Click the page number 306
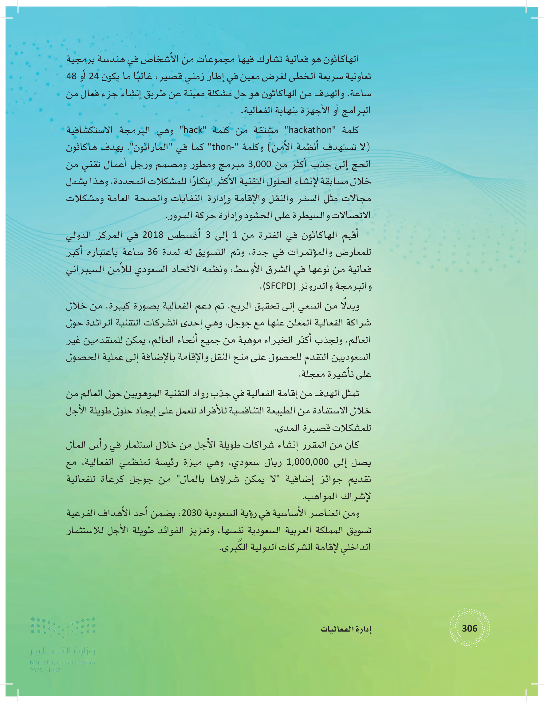[x=469, y=628]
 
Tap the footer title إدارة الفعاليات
[x=346, y=629]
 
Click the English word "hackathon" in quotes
[x=310, y=130]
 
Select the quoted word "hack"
[x=193, y=130]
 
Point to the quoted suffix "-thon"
[x=221, y=147]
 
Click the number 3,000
[x=259, y=164]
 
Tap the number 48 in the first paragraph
[x=72, y=76]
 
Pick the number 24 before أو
[x=94, y=76]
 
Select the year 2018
[x=152, y=235]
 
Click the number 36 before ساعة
[x=152, y=252]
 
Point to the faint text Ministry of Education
[x=63, y=662]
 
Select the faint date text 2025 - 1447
[x=45, y=670]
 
